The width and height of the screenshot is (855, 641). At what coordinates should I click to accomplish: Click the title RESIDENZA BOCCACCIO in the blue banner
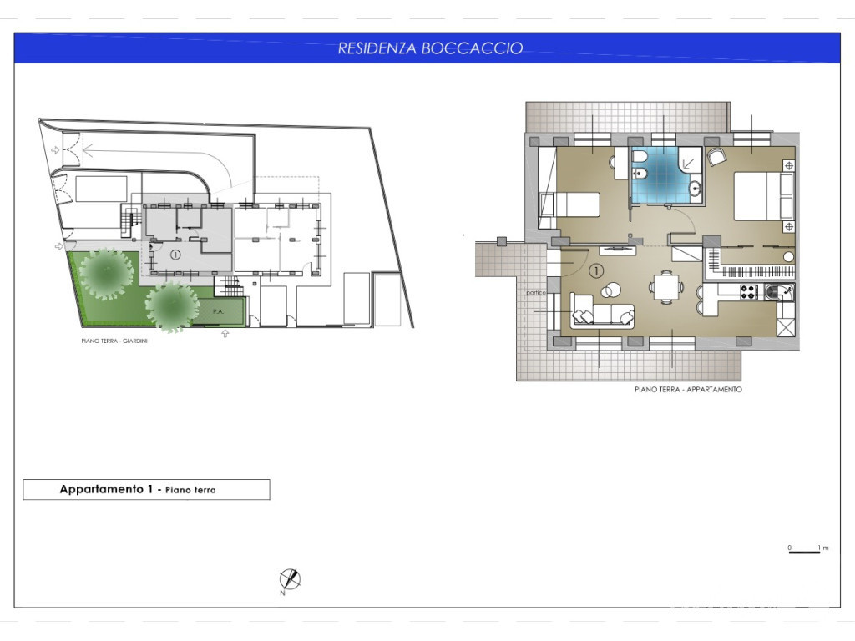click(x=430, y=48)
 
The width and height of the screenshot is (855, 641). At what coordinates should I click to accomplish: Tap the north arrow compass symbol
click(x=290, y=579)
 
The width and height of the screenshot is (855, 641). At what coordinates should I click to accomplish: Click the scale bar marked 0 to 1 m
click(x=804, y=553)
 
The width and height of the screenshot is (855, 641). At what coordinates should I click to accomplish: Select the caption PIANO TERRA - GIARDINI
click(x=114, y=341)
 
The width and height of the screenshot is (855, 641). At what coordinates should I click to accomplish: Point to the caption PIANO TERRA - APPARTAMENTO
click(x=688, y=389)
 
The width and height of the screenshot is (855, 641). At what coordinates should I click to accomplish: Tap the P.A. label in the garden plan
click(x=218, y=311)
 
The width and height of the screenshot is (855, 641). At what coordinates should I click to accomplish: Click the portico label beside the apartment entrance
click(x=536, y=293)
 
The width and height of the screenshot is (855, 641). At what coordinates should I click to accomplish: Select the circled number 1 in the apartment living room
click(x=596, y=270)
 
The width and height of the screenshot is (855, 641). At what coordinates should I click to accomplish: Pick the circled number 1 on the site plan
click(x=175, y=255)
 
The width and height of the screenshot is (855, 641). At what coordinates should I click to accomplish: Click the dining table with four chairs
click(x=665, y=287)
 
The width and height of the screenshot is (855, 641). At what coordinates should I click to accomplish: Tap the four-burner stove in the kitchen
click(x=749, y=292)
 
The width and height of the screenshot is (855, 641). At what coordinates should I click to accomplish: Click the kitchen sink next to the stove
click(x=777, y=293)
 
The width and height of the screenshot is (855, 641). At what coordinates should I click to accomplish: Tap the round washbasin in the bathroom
click(x=695, y=189)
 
